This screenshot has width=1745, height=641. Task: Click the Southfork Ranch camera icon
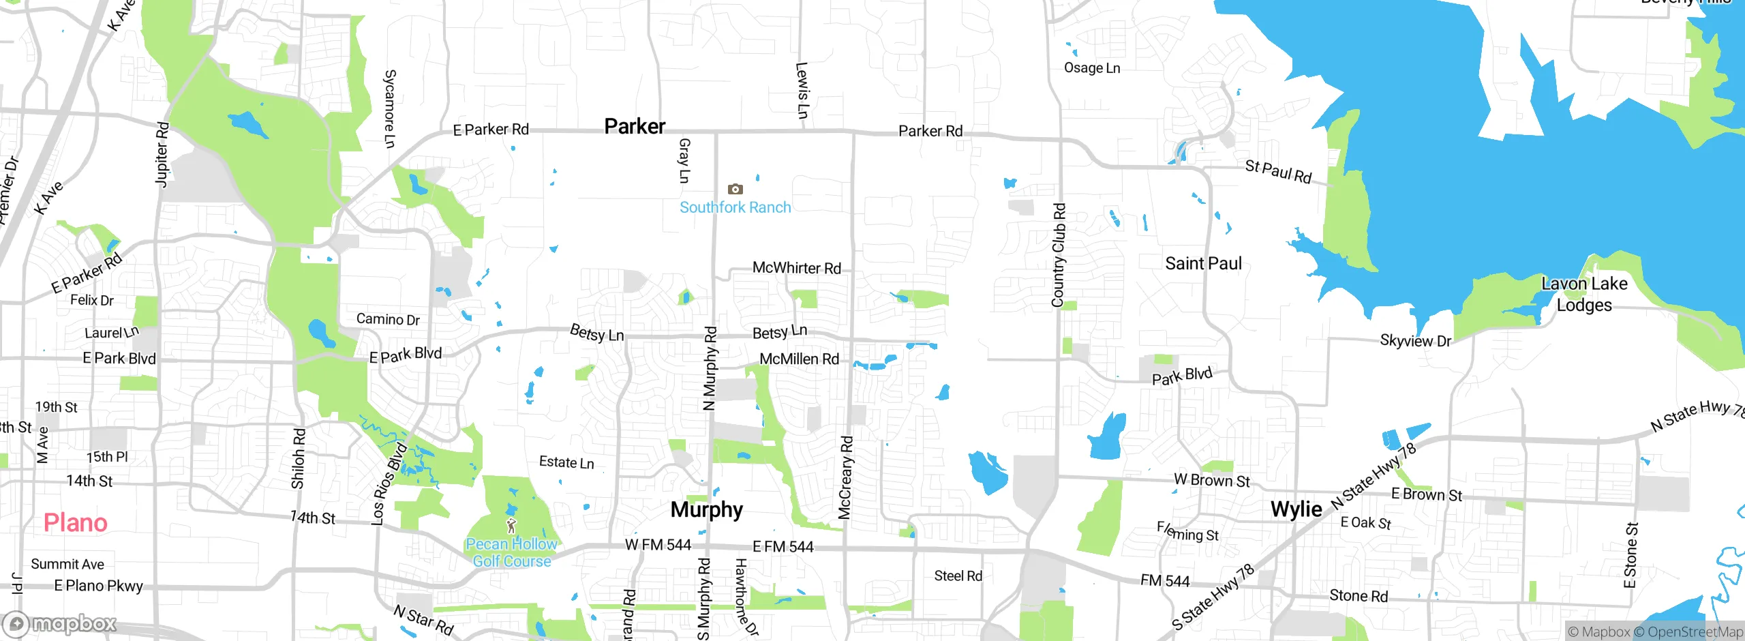[735, 189]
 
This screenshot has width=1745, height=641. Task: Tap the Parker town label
[635, 126]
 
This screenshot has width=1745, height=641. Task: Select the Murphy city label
[706, 509]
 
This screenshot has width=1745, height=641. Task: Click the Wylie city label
[1296, 509]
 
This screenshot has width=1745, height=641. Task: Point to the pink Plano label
[76, 523]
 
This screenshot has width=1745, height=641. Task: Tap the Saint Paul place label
[1203, 263]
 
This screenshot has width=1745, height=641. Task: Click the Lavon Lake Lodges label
[1584, 294]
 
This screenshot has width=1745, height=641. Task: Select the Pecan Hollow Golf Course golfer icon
[511, 526]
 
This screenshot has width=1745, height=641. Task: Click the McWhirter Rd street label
[796, 268]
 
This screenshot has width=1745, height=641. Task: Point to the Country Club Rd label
[1058, 255]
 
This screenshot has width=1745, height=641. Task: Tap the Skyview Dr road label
[1415, 340]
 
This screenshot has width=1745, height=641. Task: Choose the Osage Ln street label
[1092, 68]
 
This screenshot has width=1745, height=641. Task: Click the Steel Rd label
[958, 576]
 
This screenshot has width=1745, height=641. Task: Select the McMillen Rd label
[799, 359]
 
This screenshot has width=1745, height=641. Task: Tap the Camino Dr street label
[388, 319]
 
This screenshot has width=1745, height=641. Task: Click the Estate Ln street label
[566, 462]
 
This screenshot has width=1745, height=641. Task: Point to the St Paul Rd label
[1278, 171]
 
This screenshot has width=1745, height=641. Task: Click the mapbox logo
[60, 623]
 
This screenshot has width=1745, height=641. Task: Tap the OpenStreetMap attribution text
[1695, 631]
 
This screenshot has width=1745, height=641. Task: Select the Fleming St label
[1187, 531]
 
